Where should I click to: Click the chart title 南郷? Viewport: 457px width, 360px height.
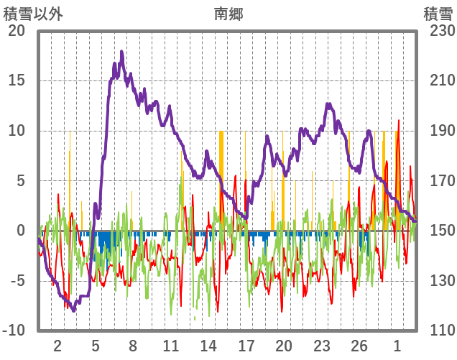(228, 12)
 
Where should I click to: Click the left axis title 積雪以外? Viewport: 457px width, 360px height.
(33, 12)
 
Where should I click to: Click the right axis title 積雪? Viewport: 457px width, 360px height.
(437, 12)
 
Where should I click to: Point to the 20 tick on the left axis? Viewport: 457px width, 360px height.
(17, 31)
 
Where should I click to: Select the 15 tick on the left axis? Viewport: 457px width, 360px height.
(17, 80)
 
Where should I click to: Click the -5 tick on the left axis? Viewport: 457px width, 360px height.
(17, 281)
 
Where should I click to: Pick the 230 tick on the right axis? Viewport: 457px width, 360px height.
(438, 31)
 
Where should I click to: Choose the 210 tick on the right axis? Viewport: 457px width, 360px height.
(438, 80)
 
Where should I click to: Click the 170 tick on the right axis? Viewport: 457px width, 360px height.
(438, 181)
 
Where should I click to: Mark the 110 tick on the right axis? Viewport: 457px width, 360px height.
(438, 331)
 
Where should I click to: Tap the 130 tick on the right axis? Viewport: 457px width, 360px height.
(438, 281)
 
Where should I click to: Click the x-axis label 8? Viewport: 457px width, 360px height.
(133, 345)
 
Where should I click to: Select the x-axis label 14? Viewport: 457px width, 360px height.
(208, 345)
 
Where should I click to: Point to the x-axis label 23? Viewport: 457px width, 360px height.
(322, 345)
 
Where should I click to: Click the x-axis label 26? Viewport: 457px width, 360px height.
(359, 345)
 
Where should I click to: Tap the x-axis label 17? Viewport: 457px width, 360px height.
(246, 345)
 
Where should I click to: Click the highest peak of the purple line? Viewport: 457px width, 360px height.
(122, 52)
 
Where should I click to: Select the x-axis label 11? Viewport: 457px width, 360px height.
(171, 345)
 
